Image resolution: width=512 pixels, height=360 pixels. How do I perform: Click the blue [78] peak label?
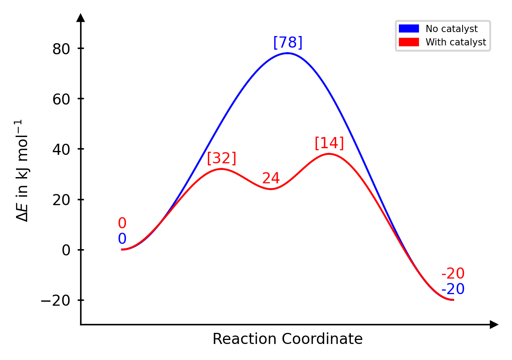[288, 43]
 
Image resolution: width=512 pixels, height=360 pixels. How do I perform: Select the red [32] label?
[221, 158]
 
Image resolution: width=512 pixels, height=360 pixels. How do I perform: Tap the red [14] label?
[329, 143]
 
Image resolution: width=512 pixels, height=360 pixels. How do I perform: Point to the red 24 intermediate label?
[271, 178]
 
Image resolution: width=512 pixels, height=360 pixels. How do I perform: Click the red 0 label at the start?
[122, 223]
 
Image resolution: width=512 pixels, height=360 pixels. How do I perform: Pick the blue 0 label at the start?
[122, 239]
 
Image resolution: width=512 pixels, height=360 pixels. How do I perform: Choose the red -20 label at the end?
[453, 274]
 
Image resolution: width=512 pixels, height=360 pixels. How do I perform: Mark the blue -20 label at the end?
[453, 290]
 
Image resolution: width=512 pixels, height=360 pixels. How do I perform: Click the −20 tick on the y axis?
[56, 300]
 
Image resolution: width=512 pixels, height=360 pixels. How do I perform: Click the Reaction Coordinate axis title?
[287, 340]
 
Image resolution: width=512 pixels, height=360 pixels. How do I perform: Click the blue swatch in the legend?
[409, 29]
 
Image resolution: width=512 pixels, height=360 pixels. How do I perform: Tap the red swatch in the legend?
[409, 42]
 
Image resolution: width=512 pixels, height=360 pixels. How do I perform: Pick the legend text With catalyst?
[455, 42]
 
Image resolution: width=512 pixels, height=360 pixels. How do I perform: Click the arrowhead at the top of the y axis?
[81, 18]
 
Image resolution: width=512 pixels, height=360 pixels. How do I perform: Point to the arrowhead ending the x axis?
[494, 325]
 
